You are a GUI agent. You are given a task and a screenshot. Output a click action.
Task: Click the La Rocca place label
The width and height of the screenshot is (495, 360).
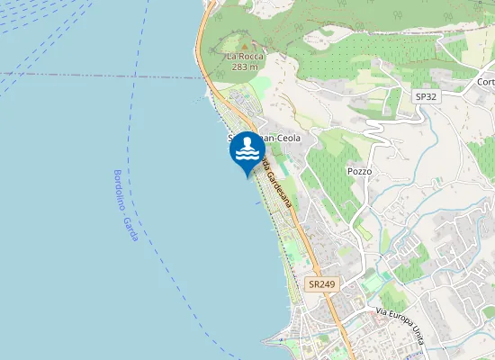click(x=244, y=56)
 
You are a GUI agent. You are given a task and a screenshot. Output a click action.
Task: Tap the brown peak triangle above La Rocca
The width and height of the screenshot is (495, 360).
click(x=244, y=43)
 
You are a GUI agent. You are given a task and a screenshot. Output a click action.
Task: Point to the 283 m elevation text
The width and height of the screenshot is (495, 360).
click(x=244, y=67)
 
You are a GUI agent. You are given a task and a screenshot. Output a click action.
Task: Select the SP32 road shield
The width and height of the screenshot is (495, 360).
click(x=425, y=96)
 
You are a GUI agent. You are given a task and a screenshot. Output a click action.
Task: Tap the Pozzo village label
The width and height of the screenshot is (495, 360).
click(x=359, y=171)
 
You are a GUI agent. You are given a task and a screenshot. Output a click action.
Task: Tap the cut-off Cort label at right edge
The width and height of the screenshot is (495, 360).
click(x=486, y=82)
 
